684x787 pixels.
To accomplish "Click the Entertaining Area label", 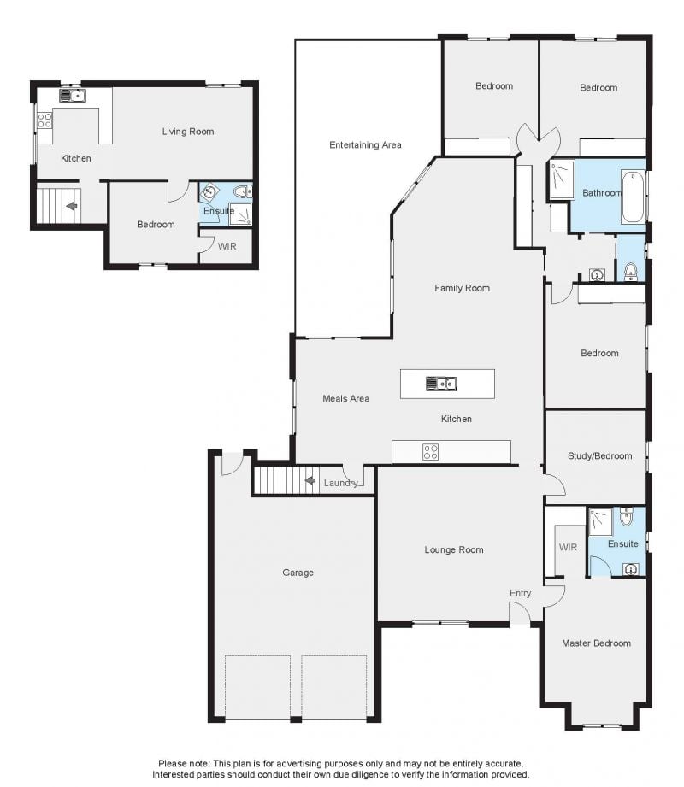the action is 365,145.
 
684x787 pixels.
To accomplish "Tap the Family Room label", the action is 462,288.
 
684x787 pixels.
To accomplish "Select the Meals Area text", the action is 346,398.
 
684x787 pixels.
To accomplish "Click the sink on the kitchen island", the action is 441,384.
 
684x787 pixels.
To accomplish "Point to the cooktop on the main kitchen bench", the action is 430,452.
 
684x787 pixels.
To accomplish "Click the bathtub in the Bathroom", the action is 633,197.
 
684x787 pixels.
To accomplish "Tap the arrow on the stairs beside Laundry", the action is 310,481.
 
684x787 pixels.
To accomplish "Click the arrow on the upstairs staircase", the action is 72,206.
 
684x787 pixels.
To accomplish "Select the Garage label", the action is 298,573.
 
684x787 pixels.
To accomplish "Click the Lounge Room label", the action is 454,550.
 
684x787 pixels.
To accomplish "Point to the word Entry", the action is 521,593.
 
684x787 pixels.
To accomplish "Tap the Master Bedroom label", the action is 596,643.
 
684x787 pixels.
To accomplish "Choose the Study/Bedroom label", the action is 599,456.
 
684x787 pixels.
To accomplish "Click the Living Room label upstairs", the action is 188,132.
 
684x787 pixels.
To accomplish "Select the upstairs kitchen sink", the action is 73,96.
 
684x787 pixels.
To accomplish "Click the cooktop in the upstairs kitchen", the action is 44,120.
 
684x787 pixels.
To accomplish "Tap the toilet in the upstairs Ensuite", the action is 243,191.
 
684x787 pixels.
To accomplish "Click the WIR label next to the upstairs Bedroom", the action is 227,246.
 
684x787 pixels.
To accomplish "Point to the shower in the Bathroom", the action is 562,179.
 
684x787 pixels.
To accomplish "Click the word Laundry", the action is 340,483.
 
